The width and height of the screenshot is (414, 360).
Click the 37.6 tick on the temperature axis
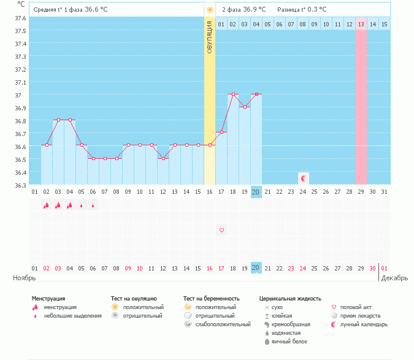(x=20, y=18)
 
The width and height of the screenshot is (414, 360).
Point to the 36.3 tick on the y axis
(x=20, y=185)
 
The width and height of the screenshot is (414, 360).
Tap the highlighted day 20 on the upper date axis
(x=256, y=192)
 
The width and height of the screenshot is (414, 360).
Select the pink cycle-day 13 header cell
(x=361, y=24)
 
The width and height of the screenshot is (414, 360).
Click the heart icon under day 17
(x=221, y=230)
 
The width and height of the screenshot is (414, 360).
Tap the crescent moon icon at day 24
(x=303, y=178)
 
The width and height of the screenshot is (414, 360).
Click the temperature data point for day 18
(x=233, y=94)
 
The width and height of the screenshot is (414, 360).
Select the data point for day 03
(x=58, y=120)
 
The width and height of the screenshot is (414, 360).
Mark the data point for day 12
(x=163, y=158)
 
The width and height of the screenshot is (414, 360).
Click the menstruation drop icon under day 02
(x=46, y=205)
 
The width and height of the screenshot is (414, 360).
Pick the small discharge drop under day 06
(x=93, y=205)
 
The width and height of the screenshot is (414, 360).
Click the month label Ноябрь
(x=25, y=278)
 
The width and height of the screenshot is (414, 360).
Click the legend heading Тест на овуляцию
(x=134, y=299)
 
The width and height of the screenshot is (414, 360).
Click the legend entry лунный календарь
(x=361, y=324)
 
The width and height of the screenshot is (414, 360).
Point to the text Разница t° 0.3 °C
(x=302, y=10)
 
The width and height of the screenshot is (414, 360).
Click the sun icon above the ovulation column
(x=210, y=10)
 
